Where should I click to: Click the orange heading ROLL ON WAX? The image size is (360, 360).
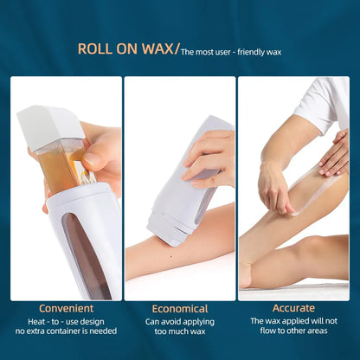tap(126, 48)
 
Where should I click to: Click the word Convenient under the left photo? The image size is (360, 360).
tap(66, 308)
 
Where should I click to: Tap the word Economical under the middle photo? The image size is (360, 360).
tap(179, 308)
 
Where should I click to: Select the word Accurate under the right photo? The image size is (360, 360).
tap(293, 308)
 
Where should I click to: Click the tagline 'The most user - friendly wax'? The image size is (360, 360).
tap(231, 51)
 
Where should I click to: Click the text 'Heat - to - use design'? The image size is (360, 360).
tap(66, 321)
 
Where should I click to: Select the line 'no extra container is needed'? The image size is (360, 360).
tap(66, 331)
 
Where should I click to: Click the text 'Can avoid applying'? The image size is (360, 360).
tap(179, 321)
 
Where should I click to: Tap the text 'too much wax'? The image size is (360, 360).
tap(179, 331)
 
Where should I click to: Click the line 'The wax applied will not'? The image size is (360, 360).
tap(293, 321)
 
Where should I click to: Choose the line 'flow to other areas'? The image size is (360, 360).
tap(293, 331)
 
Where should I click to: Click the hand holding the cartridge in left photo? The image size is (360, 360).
tap(102, 151)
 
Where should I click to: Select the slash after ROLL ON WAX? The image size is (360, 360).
tap(178, 49)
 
